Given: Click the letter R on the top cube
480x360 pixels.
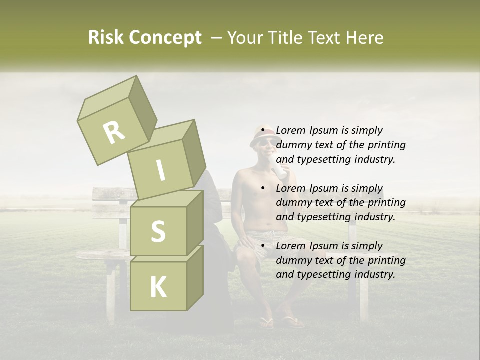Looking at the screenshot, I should tap(114, 132).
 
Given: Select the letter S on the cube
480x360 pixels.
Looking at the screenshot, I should tap(158, 231).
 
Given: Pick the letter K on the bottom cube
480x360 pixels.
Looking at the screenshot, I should tap(158, 287).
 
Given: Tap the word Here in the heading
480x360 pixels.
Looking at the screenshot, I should tap(365, 37).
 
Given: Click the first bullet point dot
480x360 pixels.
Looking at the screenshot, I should tap(263, 130).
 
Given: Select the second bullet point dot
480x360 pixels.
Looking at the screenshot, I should tap(263, 188).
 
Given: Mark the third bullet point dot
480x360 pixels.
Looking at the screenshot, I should tap(263, 246).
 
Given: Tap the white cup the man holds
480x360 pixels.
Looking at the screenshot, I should tap(279, 171).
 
